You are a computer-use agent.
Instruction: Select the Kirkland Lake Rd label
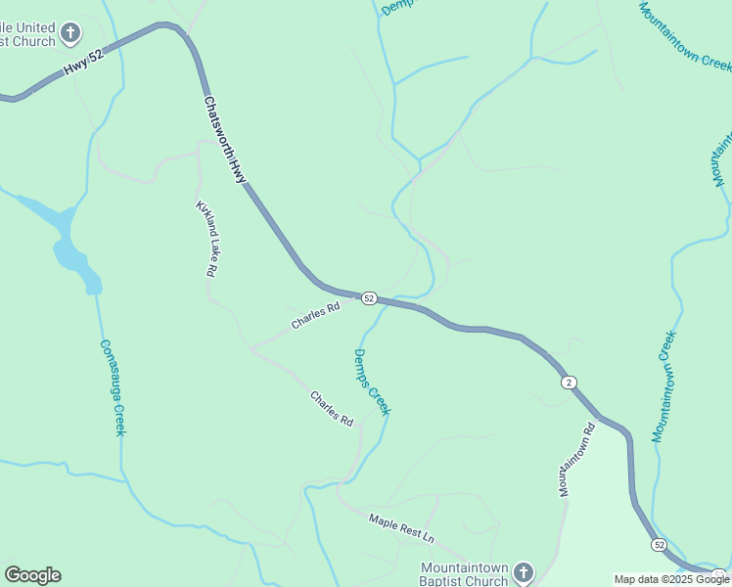[x=206, y=240]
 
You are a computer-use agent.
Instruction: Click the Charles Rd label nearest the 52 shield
[x=315, y=314]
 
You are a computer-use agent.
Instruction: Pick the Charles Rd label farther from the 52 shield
[x=332, y=408]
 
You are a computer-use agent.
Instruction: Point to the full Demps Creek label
[x=372, y=383]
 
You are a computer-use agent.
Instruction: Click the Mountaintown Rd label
[x=576, y=459]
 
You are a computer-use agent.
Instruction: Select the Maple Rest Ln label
[x=401, y=527]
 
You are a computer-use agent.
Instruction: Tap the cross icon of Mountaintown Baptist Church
[x=524, y=571]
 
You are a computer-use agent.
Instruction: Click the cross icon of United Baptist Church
[x=70, y=34]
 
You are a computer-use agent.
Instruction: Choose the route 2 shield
[x=569, y=382]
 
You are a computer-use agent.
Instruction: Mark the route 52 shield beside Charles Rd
[x=368, y=297]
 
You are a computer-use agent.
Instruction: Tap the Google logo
[x=32, y=575]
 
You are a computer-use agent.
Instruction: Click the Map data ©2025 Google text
[x=671, y=579]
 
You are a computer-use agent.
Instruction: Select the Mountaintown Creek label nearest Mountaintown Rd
[x=665, y=386]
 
